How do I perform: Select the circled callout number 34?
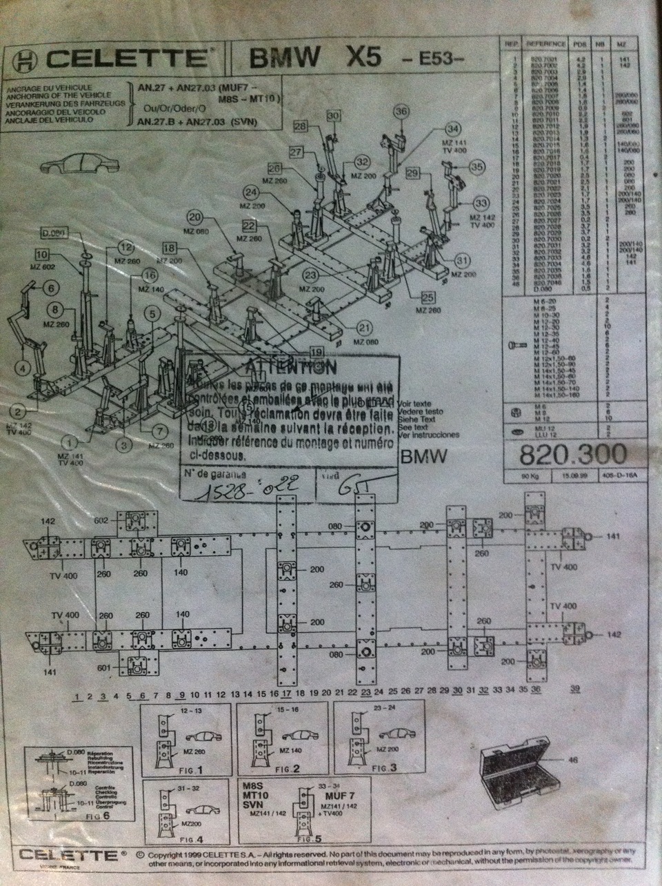tap(452, 129)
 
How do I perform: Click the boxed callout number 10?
tap(42, 253)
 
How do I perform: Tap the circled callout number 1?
tap(69, 439)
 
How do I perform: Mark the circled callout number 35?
tap(476, 166)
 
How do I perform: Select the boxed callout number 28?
tap(299, 126)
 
